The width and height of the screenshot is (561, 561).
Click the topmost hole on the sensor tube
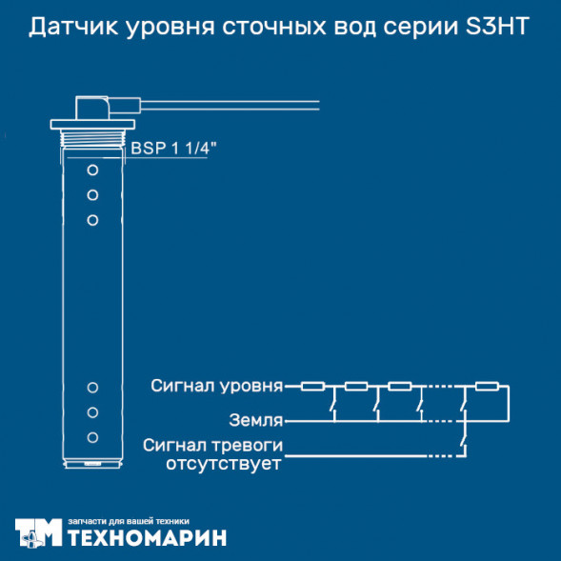coord(93,170)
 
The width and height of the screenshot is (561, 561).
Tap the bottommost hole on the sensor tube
coord(93,437)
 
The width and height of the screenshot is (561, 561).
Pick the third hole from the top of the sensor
coord(93,220)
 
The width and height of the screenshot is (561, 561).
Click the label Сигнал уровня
coord(217,387)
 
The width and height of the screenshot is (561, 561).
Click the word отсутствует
coord(225,464)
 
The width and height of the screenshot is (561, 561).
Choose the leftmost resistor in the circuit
coord(312,387)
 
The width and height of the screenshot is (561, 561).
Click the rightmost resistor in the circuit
coord(487,387)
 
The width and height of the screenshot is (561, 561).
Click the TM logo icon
coord(38,532)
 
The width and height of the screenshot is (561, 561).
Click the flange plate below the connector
coord(93,124)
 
